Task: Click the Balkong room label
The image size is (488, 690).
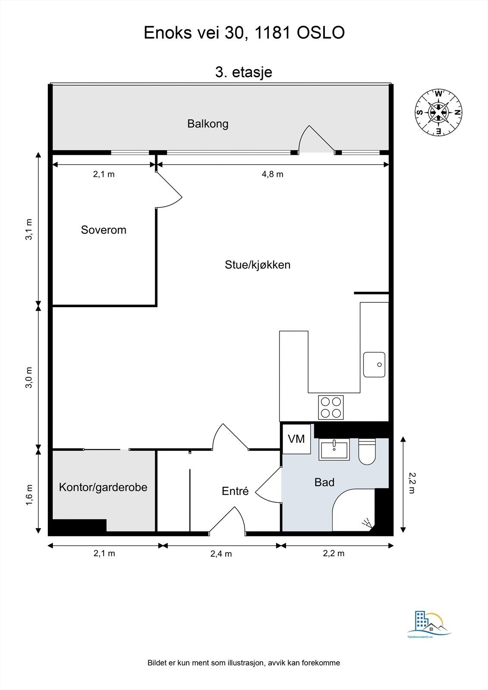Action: (x=208, y=124)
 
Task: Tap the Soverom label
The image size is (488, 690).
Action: (x=104, y=230)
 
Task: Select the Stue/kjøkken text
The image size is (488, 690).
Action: (x=258, y=265)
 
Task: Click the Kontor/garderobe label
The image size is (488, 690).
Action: (x=103, y=487)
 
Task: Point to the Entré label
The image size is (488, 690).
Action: (x=235, y=491)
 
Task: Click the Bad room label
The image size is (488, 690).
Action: (x=324, y=482)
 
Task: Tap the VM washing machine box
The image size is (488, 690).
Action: (x=296, y=439)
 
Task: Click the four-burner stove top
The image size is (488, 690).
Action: (x=331, y=408)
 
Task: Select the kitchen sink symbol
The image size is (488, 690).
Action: (x=374, y=364)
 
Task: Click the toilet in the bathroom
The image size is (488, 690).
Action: (x=367, y=452)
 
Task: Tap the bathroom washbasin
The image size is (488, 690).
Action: (x=334, y=450)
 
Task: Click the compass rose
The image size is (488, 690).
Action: (x=438, y=112)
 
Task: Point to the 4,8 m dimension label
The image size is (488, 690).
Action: (x=273, y=174)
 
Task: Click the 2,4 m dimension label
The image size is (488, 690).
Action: (x=221, y=554)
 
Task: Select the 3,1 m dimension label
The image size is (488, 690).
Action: (x=29, y=229)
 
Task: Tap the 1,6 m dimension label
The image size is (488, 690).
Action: (x=29, y=495)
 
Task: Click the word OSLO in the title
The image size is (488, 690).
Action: (x=321, y=33)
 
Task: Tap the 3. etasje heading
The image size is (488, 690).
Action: (x=244, y=72)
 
